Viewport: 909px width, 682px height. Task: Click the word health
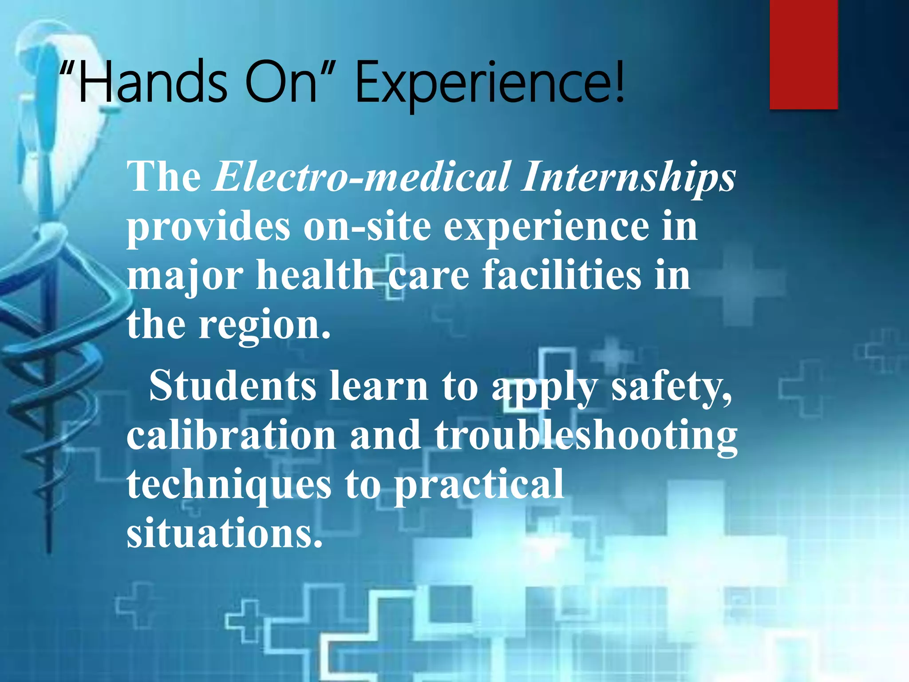pyautogui.click(x=315, y=275)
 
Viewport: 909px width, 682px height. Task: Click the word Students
pyautogui.click(x=233, y=386)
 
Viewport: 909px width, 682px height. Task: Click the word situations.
pyautogui.click(x=225, y=533)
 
